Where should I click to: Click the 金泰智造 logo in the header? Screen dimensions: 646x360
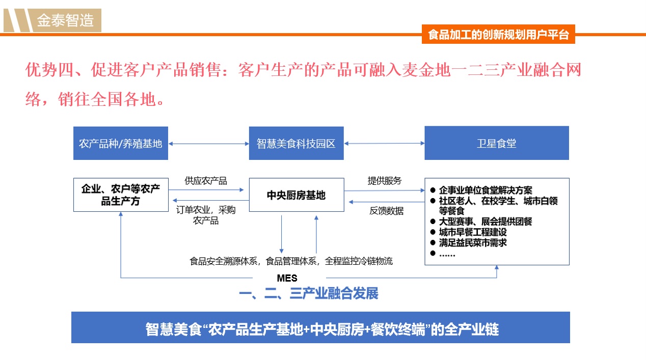point(52,20)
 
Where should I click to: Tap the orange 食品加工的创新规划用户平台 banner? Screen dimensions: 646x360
point(498,34)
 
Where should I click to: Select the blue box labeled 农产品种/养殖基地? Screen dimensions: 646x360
point(121,143)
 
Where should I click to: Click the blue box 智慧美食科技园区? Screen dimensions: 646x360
point(296,143)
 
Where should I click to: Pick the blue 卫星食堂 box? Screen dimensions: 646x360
point(497,143)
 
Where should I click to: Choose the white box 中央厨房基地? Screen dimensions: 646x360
point(297,195)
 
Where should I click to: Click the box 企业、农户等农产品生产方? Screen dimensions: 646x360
point(121,195)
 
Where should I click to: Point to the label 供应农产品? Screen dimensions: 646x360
point(206,181)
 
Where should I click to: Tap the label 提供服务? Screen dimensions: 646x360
point(385,181)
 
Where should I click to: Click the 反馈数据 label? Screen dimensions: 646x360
point(387,211)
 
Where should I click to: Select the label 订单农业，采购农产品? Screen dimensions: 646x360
point(206,215)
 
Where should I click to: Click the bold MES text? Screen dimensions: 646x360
point(287,278)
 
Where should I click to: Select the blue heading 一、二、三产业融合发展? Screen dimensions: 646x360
point(309,293)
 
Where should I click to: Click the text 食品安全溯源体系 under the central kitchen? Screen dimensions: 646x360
point(224,261)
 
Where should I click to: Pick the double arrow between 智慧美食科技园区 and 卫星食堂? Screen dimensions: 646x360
point(385,143)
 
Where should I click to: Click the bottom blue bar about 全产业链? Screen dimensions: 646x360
point(320,327)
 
